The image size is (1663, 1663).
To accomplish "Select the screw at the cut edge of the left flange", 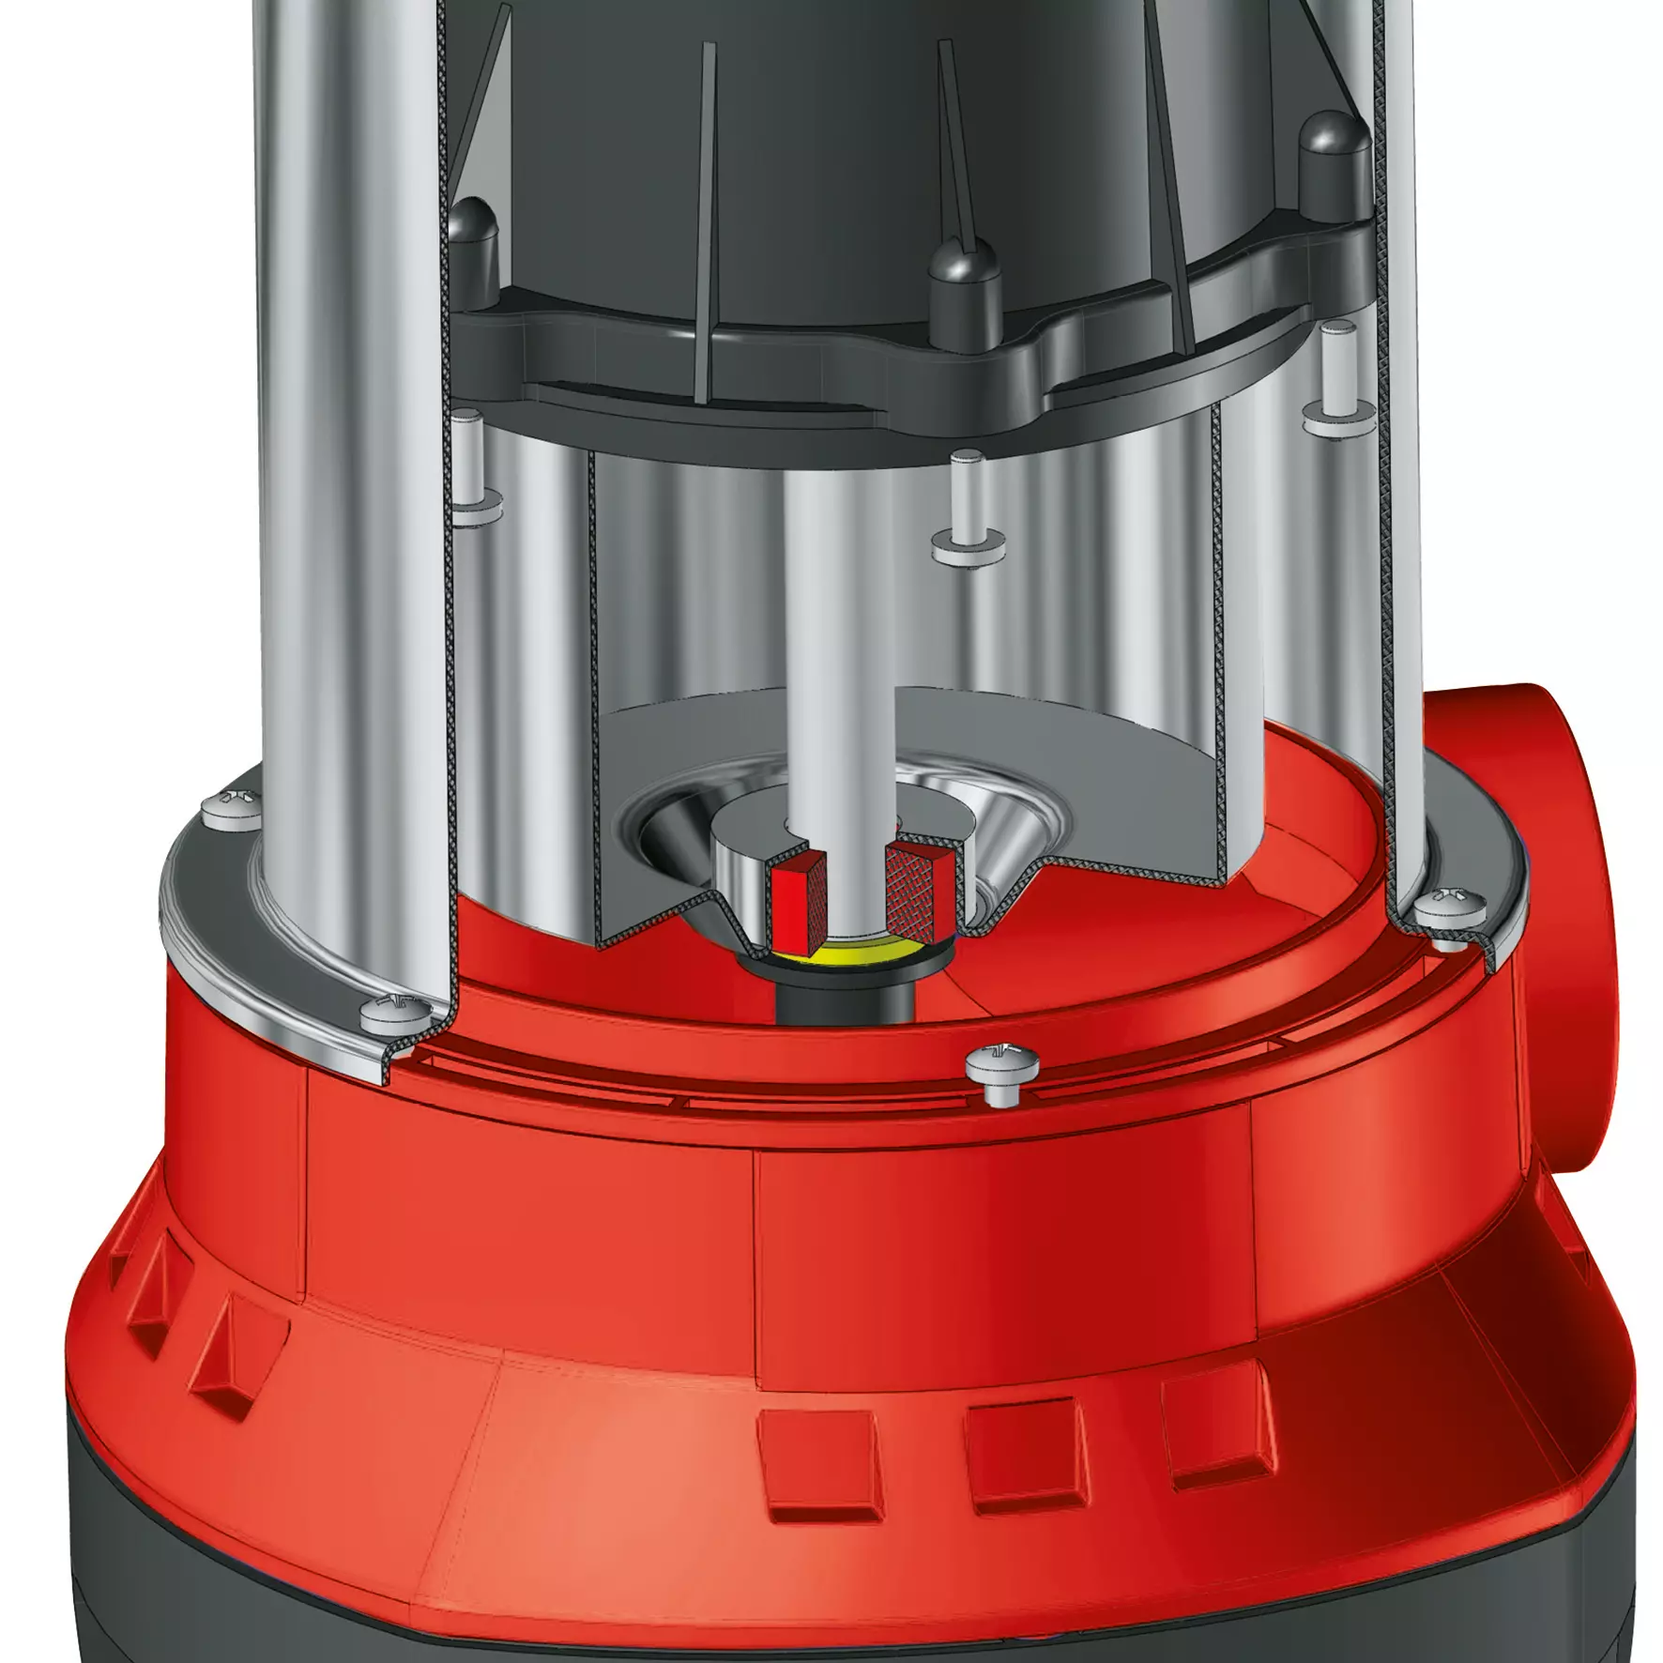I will pos(394,1012).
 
